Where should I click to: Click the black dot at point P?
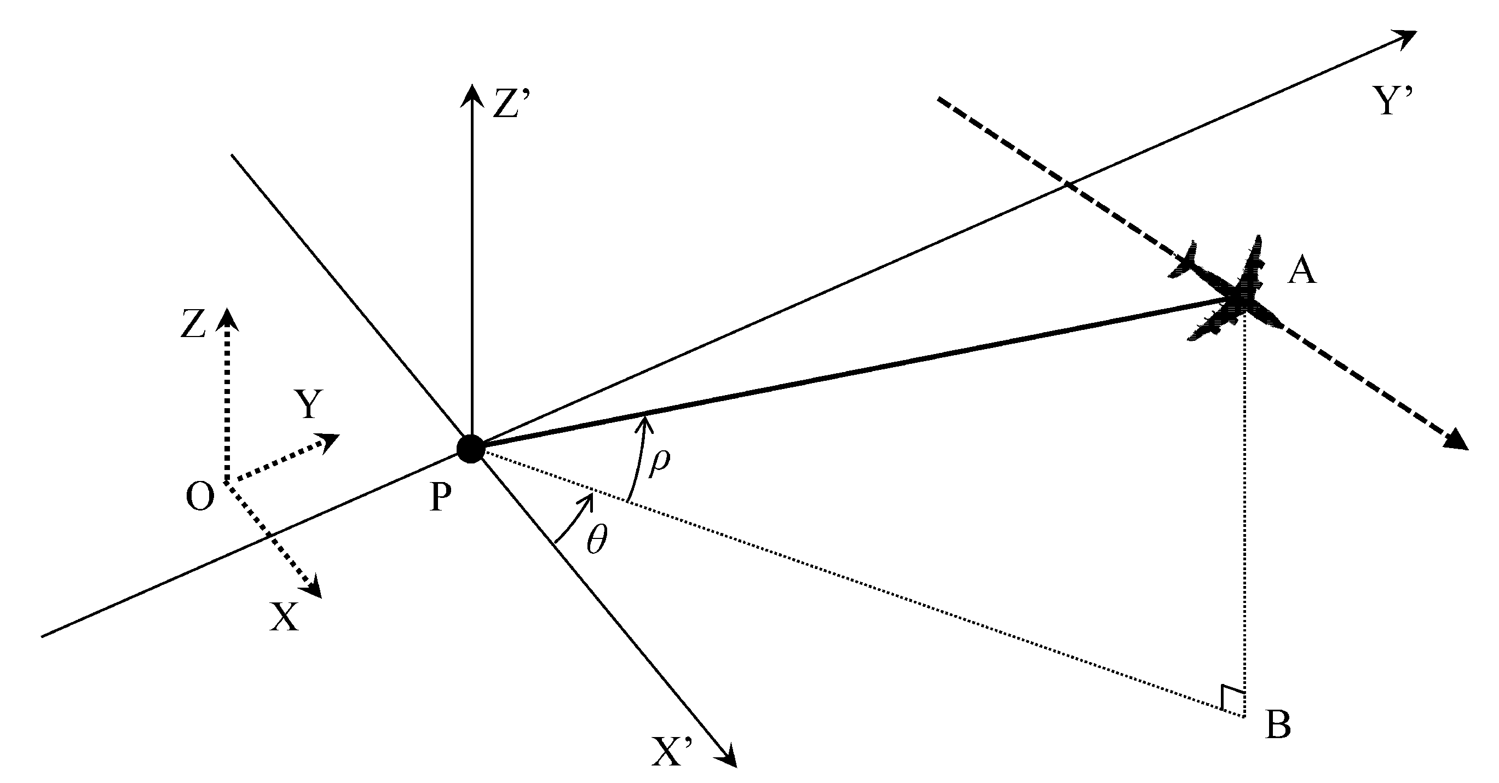[x=470, y=449]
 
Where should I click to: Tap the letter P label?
[x=441, y=498]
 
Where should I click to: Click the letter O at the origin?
[x=200, y=497]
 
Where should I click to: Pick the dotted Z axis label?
[x=193, y=324]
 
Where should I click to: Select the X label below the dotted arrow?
[x=284, y=617]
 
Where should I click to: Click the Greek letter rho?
[x=659, y=462]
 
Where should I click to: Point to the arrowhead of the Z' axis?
[x=471, y=93]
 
